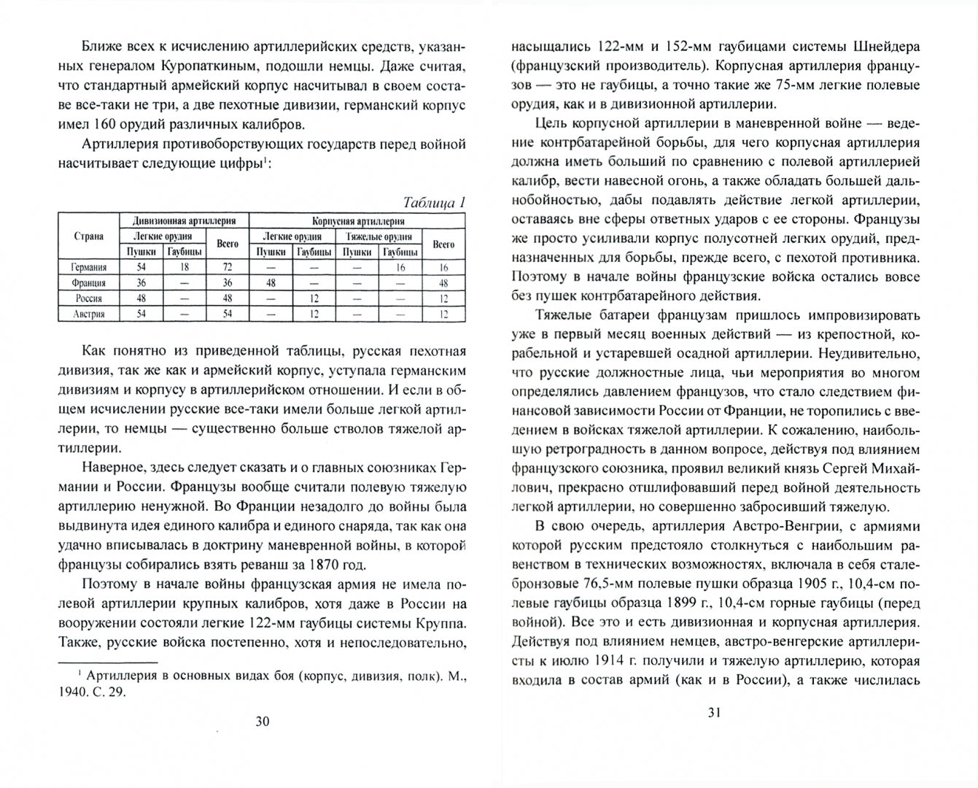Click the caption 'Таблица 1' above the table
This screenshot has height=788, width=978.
click(433, 203)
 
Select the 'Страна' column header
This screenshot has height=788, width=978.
click(88, 236)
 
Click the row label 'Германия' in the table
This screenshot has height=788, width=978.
click(88, 268)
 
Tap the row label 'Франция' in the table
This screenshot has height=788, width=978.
click(88, 283)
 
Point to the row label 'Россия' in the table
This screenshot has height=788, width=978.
click(88, 298)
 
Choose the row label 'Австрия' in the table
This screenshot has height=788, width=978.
click(88, 314)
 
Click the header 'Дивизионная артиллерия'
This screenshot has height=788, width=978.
click(184, 220)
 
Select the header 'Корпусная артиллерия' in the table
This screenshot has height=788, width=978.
click(357, 220)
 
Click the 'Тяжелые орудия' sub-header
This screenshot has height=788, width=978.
click(378, 236)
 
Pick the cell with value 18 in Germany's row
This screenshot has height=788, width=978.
click(185, 268)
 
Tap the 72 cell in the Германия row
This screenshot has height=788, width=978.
click(228, 268)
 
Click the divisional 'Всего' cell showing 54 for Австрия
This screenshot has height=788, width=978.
click(228, 314)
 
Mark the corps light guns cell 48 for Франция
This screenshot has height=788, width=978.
click(271, 283)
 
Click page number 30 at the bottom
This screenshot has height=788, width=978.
click(263, 722)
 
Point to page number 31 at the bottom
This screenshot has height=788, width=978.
click(714, 712)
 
